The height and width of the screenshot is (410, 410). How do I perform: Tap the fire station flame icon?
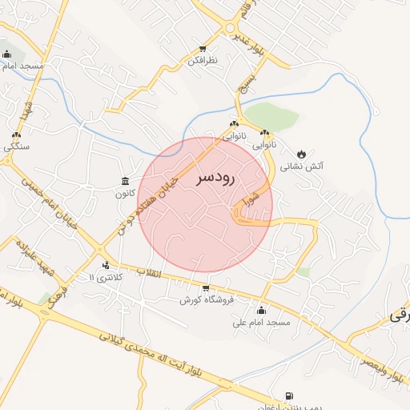coord(301,154)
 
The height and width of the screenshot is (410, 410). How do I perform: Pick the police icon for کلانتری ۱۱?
coord(106,265)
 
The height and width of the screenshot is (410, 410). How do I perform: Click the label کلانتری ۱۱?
coord(104,277)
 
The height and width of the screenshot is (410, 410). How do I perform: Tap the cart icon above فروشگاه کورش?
coord(206,288)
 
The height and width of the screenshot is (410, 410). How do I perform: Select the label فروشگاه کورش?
coord(206,300)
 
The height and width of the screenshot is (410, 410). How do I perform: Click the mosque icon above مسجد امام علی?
coord(261,311)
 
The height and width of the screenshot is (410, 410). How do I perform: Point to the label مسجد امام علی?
coord(261,323)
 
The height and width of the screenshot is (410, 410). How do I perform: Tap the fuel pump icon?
coord(288,396)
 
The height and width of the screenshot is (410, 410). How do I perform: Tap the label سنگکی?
coord(16,147)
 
